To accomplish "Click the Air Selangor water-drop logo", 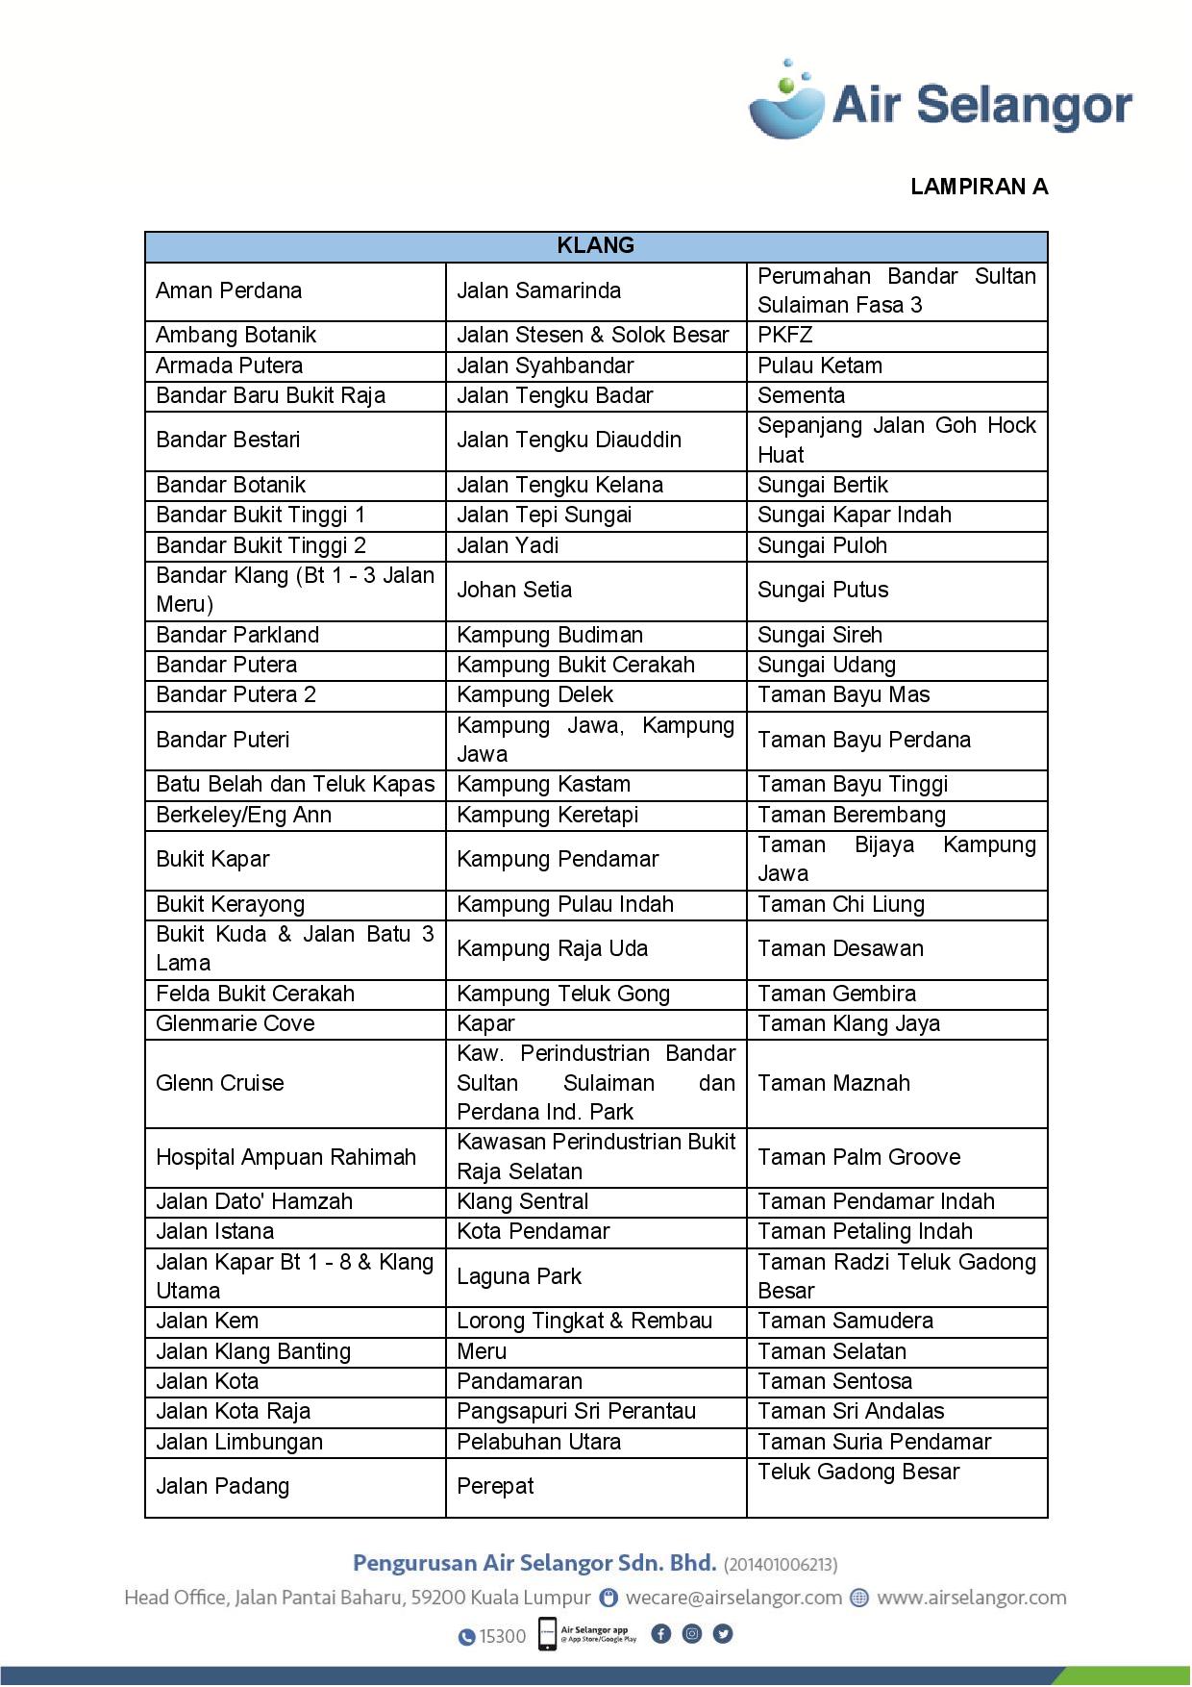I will [x=786, y=100].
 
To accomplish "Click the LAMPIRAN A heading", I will [x=979, y=187].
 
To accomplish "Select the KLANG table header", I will [x=596, y=246].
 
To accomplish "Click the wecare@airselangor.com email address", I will [x=733, y=1598].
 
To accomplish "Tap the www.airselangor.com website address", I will [x=971, y=1598].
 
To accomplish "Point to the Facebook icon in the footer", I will [x=661, y=1633].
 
